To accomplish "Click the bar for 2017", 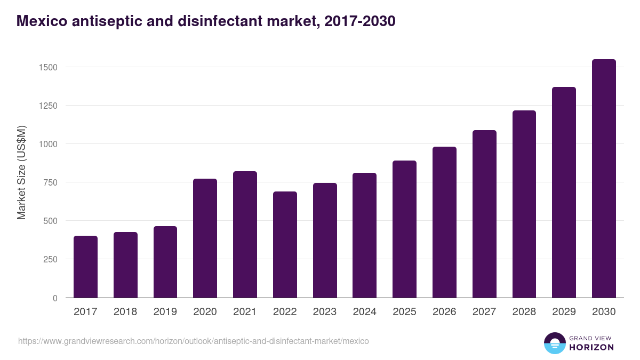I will point(85,267).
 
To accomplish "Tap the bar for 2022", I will point(285,245).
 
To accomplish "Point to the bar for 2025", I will point(404,229).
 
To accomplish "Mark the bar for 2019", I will point(165,262).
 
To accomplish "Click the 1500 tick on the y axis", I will point(48,67).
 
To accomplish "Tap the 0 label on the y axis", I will point(55,298).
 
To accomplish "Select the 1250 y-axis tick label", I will point(48,106).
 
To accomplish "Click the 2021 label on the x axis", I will point(245,312).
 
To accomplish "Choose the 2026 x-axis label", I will point(444,312).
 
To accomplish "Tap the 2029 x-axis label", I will point(564,312).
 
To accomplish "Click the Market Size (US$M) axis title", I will point(21,173).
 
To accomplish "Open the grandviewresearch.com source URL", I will point(193,341).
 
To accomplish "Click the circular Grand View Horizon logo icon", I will point(554,343).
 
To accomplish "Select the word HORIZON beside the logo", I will point(591,347).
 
